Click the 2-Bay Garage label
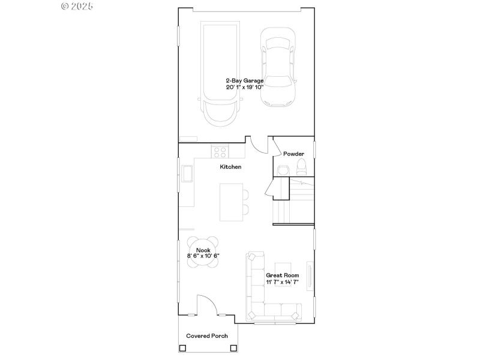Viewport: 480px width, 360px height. point(244,80)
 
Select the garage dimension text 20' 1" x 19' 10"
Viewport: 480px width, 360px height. point(244,87)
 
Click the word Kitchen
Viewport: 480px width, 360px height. point(230,167)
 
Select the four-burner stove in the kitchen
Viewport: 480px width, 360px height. point(220,152)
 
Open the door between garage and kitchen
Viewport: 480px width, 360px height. point(258,146)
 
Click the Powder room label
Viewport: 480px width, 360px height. point(293,154)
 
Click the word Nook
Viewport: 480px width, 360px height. point(203,250)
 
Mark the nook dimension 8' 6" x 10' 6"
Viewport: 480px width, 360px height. point(203,256)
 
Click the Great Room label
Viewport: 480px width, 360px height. point(283,275)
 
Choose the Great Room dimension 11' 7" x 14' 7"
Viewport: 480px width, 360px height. point(283,281)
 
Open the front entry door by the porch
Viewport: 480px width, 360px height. point(208,305)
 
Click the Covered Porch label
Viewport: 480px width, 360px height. point(207,336)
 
